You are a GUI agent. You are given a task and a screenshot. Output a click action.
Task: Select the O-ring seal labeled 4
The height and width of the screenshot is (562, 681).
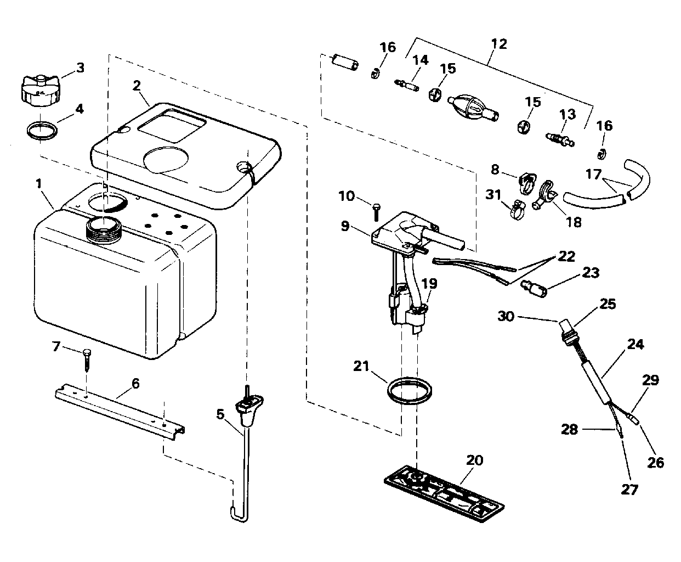pos(42,131)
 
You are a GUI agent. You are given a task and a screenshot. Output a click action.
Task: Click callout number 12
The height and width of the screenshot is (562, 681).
pos(499,44)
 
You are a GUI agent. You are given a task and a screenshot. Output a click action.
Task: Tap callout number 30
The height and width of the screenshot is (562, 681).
pos(506,316)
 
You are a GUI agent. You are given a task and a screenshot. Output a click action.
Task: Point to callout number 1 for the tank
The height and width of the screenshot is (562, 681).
pos(39,184)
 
